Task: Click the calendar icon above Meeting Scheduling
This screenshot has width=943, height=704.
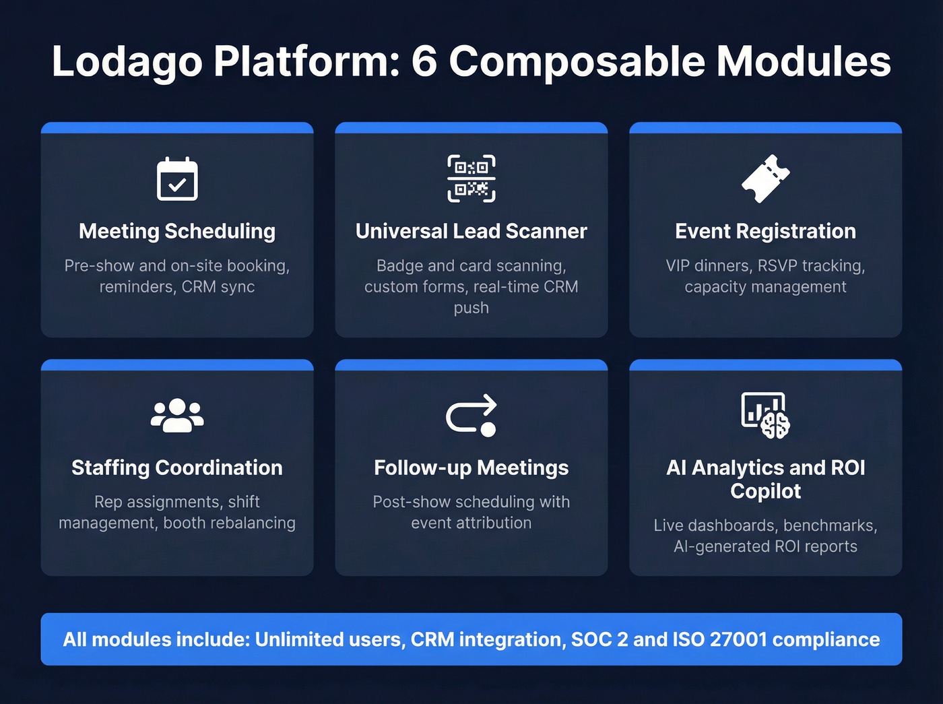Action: [177, 179]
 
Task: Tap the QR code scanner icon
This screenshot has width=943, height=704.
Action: [471, 179]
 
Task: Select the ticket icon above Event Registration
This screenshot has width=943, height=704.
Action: [766, 179]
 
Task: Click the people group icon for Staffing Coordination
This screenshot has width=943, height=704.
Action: [177, 415]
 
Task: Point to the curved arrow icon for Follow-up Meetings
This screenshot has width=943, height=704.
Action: [471, 415]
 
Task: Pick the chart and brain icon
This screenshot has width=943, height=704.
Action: [766, 415]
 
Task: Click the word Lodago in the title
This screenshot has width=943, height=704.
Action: [127, 62]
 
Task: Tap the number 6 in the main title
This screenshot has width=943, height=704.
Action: [424, 62]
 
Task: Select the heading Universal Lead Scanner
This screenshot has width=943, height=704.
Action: [471, 231]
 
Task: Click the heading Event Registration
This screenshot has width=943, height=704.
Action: [766, 231]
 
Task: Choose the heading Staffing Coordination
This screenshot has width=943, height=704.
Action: [177, 468]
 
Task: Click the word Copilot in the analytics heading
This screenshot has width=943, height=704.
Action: [766, 491]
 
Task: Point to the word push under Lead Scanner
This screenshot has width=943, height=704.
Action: [471, 308]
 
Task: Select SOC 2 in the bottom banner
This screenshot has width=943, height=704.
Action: [599, 639]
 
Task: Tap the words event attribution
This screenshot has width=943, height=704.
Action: [471, 523]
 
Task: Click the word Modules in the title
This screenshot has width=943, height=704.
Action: [804, 62]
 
